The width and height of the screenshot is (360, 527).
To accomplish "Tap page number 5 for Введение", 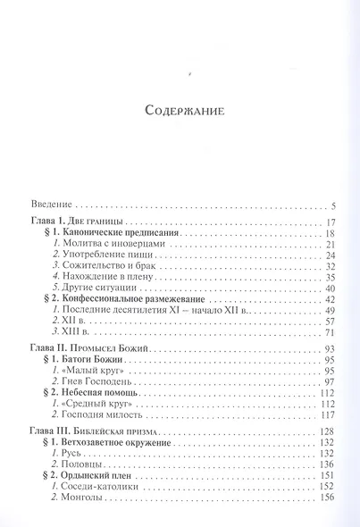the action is click(x=332, y=205).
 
